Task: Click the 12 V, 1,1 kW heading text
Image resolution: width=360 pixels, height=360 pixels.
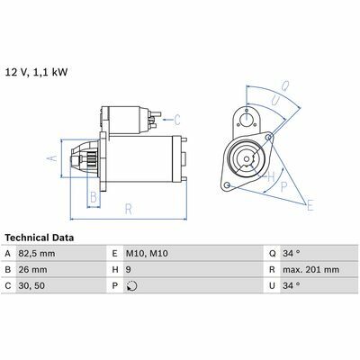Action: click(37, 72)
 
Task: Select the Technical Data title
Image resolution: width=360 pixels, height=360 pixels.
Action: click(40, 238)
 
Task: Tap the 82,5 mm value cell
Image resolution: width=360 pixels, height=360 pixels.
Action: click(37, 254)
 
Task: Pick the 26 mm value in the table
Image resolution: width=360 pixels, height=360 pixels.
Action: click(32, 270)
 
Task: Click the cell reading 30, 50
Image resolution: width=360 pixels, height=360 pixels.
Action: click(31, 286)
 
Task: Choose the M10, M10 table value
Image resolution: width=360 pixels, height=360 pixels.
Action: click(147, 254)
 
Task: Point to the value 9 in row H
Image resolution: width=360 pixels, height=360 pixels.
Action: click(128, 270)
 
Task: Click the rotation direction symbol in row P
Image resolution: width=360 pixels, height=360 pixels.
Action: click(131, 286)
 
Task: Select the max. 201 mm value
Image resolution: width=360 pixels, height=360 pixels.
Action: click(310, 270)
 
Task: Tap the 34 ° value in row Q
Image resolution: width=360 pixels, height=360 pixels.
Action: click(291, 254)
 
